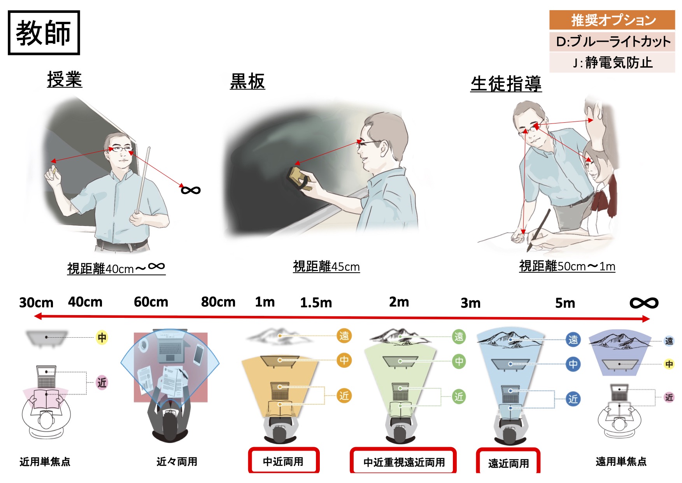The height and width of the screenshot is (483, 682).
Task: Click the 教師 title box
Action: click(x=44, y=33)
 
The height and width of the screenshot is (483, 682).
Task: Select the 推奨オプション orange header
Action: click(x=612, y=20)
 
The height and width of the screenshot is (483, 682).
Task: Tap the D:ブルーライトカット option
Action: click(x=612, y=42)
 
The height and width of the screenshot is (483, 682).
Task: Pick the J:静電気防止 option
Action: click(x=612, y=62)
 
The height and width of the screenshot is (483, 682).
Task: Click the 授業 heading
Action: click(x=65, y=79)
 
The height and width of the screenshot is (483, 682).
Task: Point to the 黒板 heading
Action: click(x=247, y=81)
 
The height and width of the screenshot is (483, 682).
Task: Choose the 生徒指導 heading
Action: click(x=506, y=84)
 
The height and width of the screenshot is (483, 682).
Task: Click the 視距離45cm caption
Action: click(x=326, y=266)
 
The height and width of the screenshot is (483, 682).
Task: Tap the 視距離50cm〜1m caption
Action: click(x=567, y=266)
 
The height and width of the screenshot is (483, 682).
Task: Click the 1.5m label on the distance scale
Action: click(x=316, y=303)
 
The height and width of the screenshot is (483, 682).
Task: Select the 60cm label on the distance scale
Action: click(x=151, y=302)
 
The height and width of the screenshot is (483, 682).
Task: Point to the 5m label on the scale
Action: click(x=565, y=303)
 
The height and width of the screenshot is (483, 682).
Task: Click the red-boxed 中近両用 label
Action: click(x=283, y=461)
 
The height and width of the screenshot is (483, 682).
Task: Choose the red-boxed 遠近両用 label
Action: click(x=508, y=462)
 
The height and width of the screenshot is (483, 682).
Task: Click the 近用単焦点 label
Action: click(x=45, y=462)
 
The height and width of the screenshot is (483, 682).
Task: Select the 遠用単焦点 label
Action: click(x=621, y=462)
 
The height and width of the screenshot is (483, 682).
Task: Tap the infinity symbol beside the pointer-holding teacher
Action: click(x=191, y=190)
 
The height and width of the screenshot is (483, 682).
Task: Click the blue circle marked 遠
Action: click(x=573, y=340)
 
